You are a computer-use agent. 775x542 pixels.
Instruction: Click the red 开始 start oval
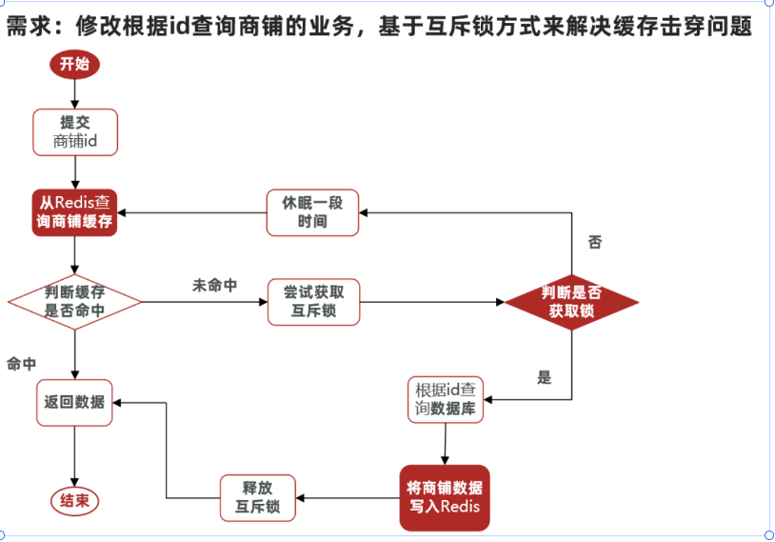[74, 64]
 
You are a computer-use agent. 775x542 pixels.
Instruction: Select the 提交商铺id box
[75, 132]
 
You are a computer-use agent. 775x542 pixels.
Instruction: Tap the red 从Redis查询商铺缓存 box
[75, 211]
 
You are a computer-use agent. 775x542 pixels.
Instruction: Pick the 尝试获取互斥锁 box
[313, 302]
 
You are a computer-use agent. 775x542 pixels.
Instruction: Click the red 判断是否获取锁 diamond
[571, 302]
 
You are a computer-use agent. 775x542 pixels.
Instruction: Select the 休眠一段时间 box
[312, 211]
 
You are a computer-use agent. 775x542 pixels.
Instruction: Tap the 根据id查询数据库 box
[446, 400]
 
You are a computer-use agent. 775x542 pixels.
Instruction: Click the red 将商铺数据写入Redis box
[445, 496]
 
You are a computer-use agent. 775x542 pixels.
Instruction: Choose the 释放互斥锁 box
[257, 497]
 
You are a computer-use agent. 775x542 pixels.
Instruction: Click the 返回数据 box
[74, 402]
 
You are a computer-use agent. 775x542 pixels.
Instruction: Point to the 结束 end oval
[74, 501]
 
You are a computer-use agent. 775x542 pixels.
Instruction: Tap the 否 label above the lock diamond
[595, 242]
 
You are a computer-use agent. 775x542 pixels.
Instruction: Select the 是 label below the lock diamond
[544, 377]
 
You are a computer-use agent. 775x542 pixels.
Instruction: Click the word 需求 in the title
[26, 26]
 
